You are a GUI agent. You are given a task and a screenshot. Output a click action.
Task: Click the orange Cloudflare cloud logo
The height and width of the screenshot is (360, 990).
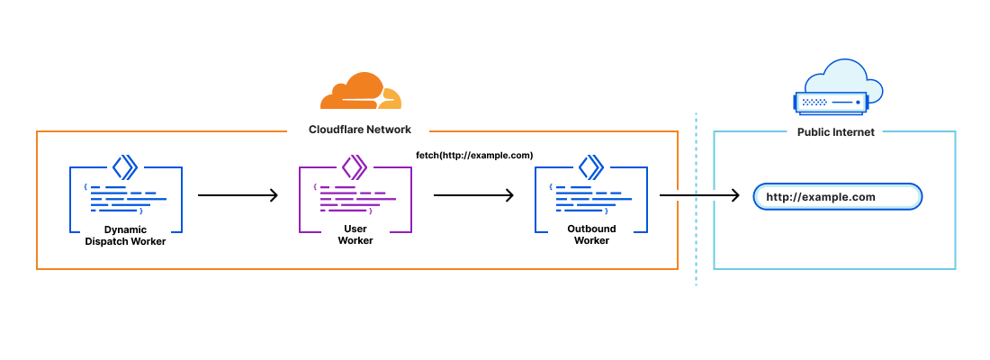tap(361, 91)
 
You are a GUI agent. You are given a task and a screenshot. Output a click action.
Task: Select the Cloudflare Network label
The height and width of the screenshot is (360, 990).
tap(360, 130)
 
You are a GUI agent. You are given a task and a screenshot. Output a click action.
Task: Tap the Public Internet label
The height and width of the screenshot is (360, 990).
tap(835, 131)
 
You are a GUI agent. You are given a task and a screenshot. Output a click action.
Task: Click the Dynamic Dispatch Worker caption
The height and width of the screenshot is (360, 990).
tap(125, 235)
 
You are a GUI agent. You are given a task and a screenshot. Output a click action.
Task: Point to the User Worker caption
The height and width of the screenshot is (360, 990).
tap(355, 235)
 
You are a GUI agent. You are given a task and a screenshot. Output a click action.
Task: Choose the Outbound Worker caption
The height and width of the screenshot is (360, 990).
tap(591, 235)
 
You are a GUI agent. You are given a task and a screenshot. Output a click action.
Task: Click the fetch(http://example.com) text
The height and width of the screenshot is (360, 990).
tap(468, 156)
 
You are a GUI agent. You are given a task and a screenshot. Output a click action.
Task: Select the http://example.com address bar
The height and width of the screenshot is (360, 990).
tap(838, 196)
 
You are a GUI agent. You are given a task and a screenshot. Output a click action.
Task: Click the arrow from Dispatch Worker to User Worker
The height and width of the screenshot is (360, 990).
tap(238, 195)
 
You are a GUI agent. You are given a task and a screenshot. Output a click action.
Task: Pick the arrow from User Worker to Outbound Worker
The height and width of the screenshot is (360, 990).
tap(473, 195)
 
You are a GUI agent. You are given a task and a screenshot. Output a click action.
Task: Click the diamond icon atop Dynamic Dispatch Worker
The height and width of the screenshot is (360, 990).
tap(124, 166)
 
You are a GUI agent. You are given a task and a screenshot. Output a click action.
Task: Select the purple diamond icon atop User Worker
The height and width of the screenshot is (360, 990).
tap(354, 166)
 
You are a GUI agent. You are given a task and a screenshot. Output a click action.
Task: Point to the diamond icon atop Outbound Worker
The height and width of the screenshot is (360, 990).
tap(590, 166)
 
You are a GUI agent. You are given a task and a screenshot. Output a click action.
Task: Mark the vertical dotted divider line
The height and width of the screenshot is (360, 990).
tap(696, 243)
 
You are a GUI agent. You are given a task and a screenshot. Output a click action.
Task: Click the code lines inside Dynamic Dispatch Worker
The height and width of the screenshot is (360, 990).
tap(126, 199)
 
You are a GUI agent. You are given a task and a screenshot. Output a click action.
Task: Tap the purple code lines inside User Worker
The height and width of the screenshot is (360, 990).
tap(355, 198)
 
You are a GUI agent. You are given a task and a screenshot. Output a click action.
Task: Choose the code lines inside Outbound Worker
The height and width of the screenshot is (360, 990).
tap(591, 199)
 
